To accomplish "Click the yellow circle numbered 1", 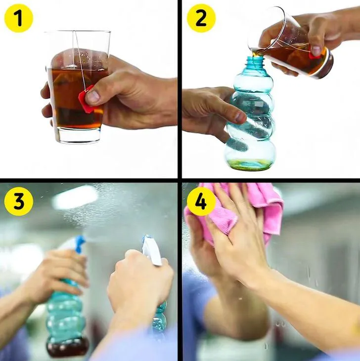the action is [19, 18].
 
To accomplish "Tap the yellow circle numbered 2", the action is [201, 18].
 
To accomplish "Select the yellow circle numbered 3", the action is [19, 201].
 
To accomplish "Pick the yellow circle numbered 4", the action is [201, 201].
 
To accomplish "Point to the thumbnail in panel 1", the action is [93, 97].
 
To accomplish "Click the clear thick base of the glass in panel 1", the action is [78, 135].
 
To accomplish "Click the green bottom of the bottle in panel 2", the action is [251, 164].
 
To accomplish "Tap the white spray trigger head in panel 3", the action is [152, 250].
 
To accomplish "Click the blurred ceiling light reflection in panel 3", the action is [75, 197].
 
